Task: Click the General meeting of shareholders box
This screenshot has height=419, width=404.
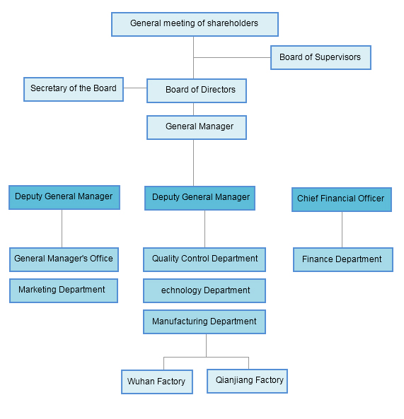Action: tap(195, 24)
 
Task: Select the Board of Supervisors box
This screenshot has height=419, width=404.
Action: tap(320, 58)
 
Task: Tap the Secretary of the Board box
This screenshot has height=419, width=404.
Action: tap(74, 89)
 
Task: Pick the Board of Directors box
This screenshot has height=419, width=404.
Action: tap(196, 90)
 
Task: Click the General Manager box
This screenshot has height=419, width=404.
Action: tap(197, 127)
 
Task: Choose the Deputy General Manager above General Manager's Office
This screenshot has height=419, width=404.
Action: tap(64, 197)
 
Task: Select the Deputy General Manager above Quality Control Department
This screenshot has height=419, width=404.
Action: tap(200, 198)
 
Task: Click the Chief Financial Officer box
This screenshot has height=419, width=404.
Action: tap(341, 199)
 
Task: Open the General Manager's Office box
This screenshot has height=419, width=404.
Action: tap(64, 259)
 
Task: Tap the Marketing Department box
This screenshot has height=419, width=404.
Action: tap(64, 290)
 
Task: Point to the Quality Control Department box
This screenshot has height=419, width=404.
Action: tap(204, 259)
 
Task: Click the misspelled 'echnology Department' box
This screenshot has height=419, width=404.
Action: tap(204, 290)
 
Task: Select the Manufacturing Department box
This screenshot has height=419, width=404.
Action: tap(204, 321)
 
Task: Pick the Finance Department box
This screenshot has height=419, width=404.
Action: tap(342, 260)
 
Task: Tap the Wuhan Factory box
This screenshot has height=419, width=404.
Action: tap(156, 382)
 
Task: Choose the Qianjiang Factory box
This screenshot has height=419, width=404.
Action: tap(247, 381)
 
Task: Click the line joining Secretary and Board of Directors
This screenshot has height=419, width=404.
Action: tap(135, 88)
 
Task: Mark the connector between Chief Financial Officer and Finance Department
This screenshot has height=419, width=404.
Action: tap(342, 230)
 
